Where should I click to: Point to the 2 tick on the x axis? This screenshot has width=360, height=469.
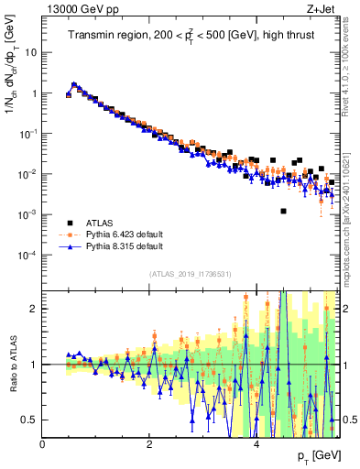click(149, 444)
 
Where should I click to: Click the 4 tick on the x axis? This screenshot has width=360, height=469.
click(256, 444)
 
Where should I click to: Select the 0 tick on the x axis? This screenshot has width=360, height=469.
click(43, 444)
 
